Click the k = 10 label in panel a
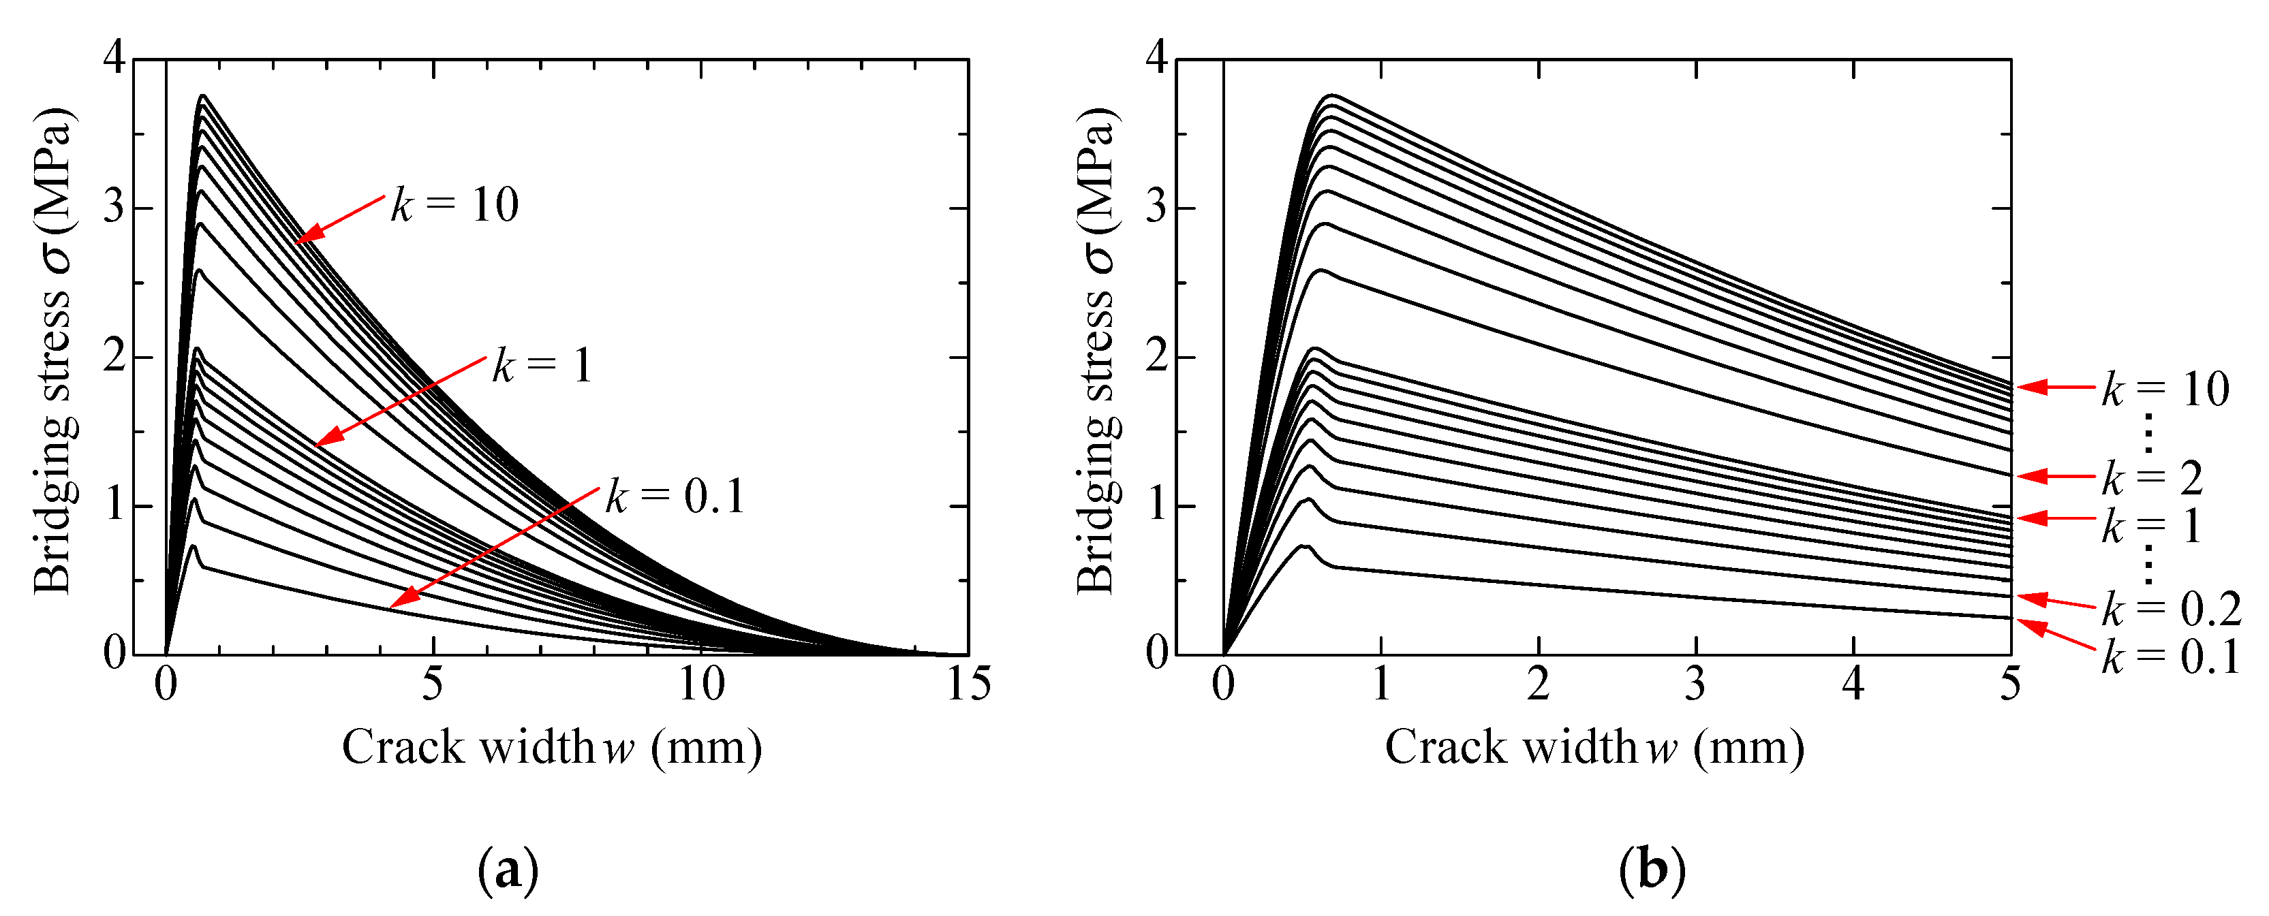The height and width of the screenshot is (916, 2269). (454, 205)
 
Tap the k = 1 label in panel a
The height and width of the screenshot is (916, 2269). (542, 366)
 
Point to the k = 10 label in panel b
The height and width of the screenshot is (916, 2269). (2165, 390)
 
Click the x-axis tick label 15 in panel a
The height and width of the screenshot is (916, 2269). (968, 684)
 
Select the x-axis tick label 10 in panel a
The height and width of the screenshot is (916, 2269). (701, 684)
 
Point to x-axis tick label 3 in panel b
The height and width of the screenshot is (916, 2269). (1695, 684)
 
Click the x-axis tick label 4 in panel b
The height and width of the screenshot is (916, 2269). (1853, 684)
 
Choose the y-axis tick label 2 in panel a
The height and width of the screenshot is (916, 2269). (114, 357)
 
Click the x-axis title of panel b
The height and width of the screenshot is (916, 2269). (1594, 748)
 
